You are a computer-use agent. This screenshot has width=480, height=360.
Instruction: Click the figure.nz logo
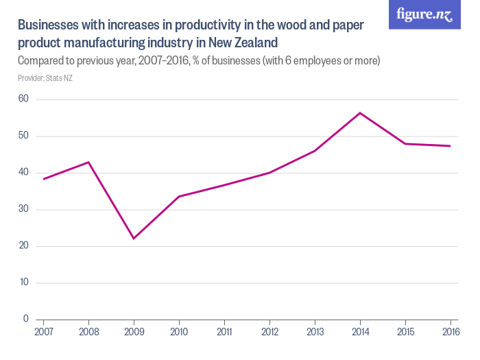click(424, 14)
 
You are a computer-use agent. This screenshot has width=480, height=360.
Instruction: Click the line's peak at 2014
click(360, 112)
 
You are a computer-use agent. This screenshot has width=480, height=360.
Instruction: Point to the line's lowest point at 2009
click(134, 239)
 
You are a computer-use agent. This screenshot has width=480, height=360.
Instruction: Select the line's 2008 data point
click(88, 162)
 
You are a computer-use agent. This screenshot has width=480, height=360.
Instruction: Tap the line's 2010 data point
click(179, 196)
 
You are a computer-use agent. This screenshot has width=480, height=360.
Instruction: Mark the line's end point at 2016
click(450, 146)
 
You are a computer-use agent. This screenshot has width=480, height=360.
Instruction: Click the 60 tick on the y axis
click(24, 99)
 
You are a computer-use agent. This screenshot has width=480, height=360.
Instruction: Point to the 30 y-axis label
click(24, 209)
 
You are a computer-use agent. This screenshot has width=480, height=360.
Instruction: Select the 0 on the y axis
click(26, 319)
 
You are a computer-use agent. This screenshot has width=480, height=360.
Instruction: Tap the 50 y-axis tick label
click(24, 136)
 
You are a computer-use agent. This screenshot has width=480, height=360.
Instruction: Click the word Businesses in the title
click(48, 25)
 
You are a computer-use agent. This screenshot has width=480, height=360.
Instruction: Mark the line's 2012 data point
click(269, 173)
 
